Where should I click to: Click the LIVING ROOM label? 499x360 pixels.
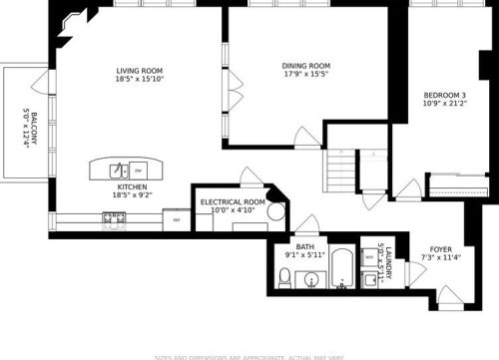coord(138,69)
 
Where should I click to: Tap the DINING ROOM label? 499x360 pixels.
coord(305,66)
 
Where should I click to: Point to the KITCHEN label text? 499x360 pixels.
coord(134,186)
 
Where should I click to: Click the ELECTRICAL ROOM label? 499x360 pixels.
coord(233,201)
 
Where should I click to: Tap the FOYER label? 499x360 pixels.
coord(441,249)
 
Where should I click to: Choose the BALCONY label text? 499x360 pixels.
coord(33,131)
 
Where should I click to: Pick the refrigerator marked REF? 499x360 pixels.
coord(176,218)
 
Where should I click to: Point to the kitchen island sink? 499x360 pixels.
coord(118,168)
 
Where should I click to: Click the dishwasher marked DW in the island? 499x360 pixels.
coord(140,168)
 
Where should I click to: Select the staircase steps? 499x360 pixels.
coord(341,164)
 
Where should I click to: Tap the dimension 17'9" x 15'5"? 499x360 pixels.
coord(305,75)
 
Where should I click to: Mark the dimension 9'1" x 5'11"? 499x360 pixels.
coord(305,255)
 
